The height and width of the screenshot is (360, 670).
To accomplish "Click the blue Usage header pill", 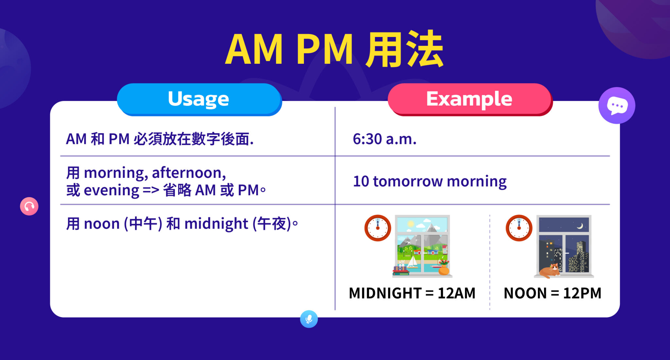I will [199, 99].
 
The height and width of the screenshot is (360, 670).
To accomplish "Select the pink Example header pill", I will [469, 99].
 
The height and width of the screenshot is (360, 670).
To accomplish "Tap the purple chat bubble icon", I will [617, 106].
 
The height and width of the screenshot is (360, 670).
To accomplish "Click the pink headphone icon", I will [29, 206].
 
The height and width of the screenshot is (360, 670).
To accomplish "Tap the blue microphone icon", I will [309, 319].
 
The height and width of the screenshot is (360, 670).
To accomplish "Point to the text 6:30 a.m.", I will [384, 139].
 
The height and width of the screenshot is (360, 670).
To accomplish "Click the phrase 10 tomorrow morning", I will [430, 181].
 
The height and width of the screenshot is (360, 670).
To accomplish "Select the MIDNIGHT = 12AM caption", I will [412, 293].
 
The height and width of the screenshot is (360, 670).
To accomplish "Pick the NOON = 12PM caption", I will [552, 293].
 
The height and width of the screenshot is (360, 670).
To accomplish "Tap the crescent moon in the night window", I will [580, 226].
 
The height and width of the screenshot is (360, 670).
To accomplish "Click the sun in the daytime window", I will [411, 224].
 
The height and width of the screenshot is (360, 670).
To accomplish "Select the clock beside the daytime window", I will [378, 228].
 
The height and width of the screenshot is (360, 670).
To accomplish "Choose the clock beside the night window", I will [519, 228].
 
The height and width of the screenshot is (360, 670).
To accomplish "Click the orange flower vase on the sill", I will [444, 269].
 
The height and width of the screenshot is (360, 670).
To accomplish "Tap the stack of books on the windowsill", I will [401, 270].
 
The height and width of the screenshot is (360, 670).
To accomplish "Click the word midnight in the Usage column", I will [216, 224].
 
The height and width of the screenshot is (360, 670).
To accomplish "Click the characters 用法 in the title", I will [404, 50].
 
